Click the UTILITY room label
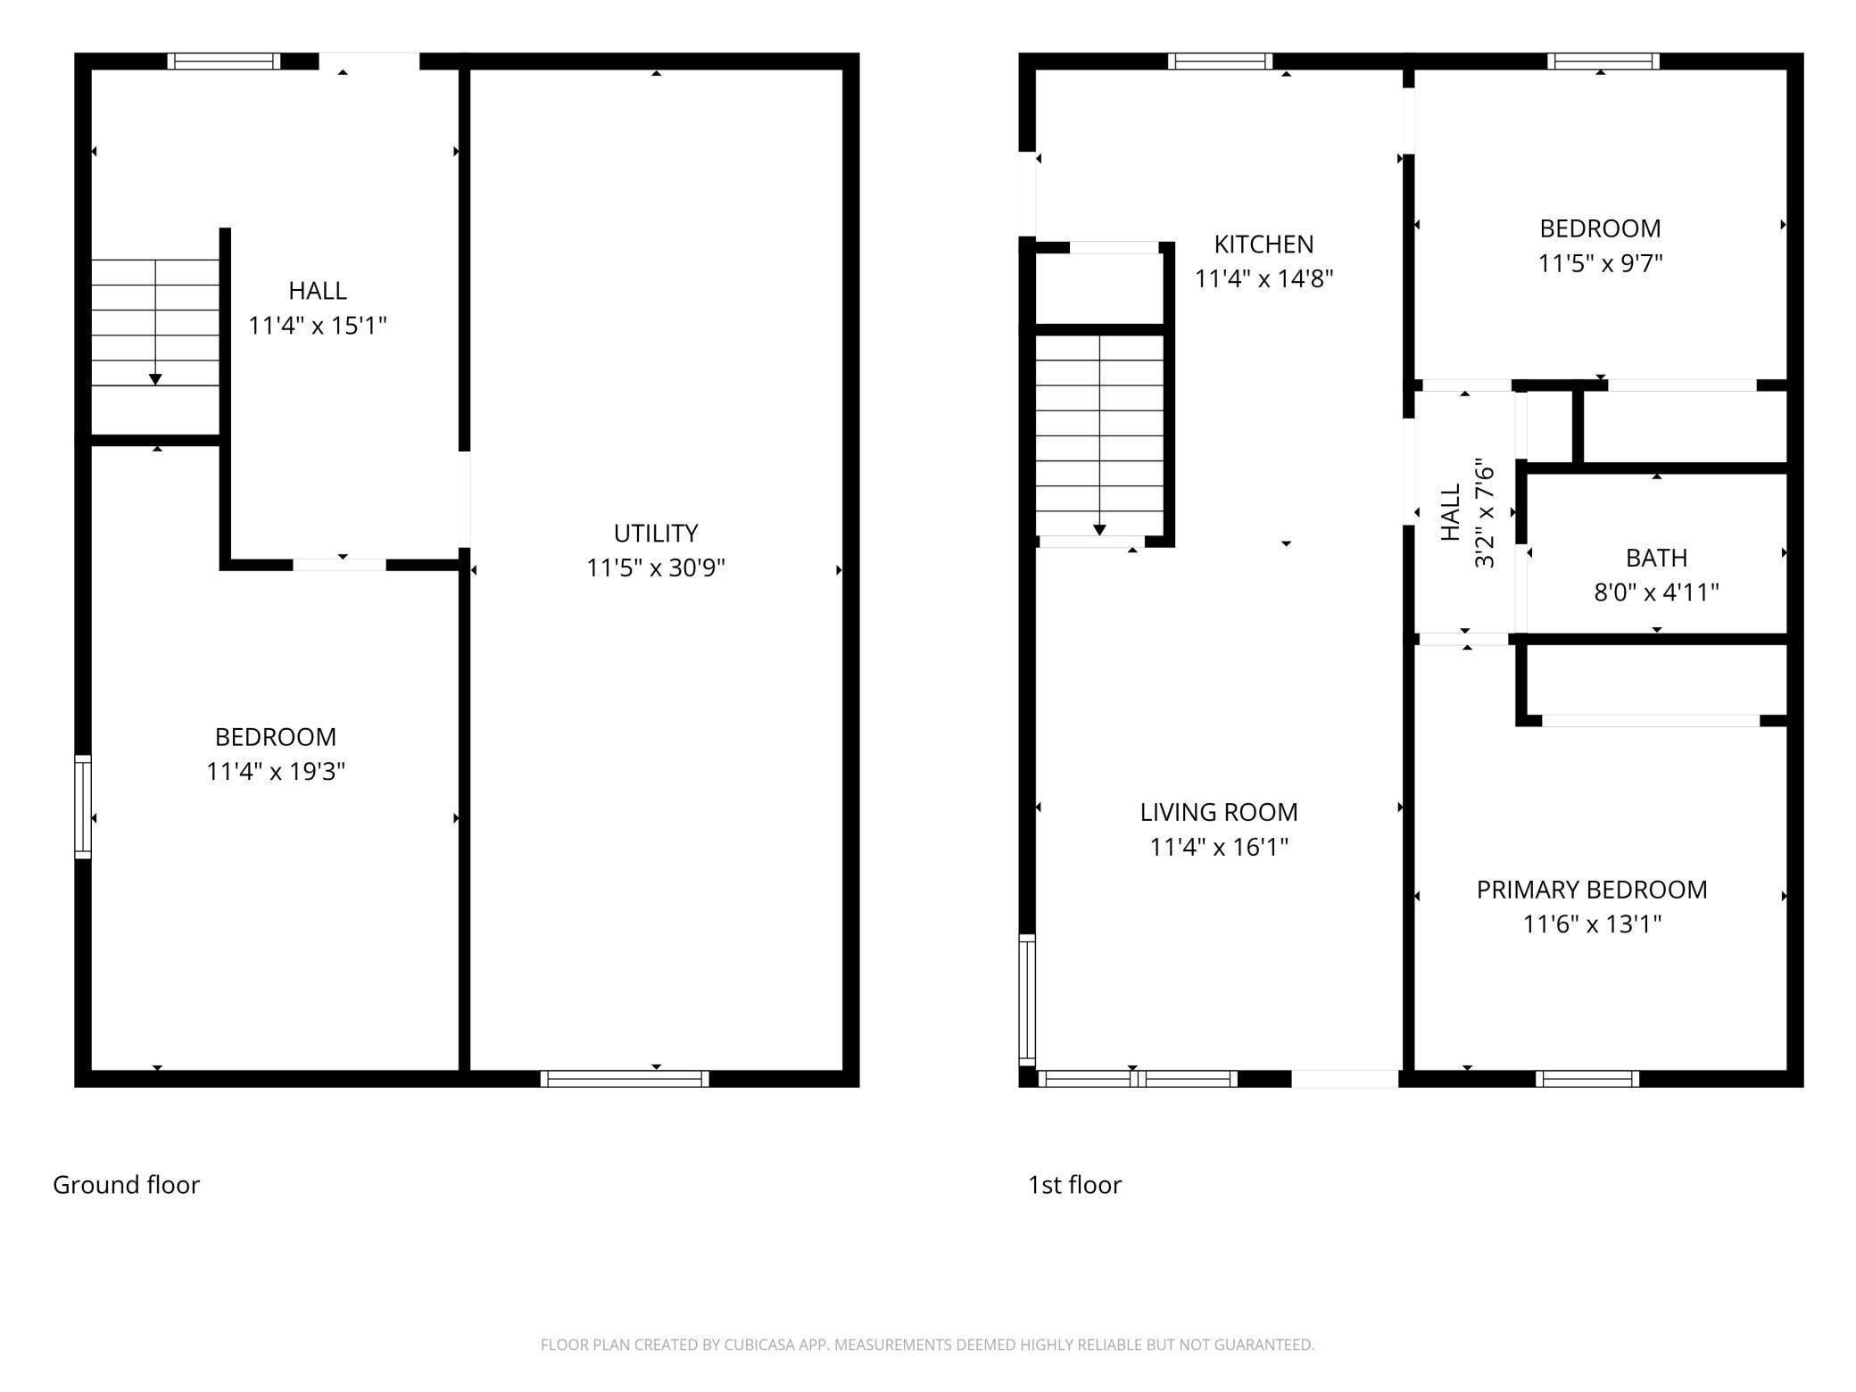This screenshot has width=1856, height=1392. [x=655, y=533]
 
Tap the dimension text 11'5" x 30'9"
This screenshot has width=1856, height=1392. [x=655, y=568]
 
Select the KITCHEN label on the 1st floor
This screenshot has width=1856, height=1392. [x=1264, y=244]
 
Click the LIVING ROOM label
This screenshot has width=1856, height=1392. [x=1219, y=812]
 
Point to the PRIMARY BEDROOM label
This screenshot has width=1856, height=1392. [x=1592, y=890]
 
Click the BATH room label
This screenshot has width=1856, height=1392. [x=1656, y=558]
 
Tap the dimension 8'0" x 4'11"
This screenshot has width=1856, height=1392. [x=1656, y=592]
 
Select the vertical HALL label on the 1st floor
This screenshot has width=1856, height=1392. [x=1451, y=512]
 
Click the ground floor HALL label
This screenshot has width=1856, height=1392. [x=318, y=290]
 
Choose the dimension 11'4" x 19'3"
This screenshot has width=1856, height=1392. [x=276, y=771]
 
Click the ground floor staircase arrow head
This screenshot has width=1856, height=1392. [x=155, y=379]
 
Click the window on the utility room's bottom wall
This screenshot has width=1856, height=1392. [x=625, y=1078]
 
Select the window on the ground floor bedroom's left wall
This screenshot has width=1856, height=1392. [x=82, y=807]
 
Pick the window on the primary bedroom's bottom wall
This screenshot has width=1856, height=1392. [x=1587, y=1078]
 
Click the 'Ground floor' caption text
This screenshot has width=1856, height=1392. [x=126, y=1185]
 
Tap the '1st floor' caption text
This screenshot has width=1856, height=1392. [x=1074, y=1185]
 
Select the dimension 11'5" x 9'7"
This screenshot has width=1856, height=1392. [x=1600, y=264]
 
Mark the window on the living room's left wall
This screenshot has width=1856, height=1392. [x=1028, y=1000]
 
